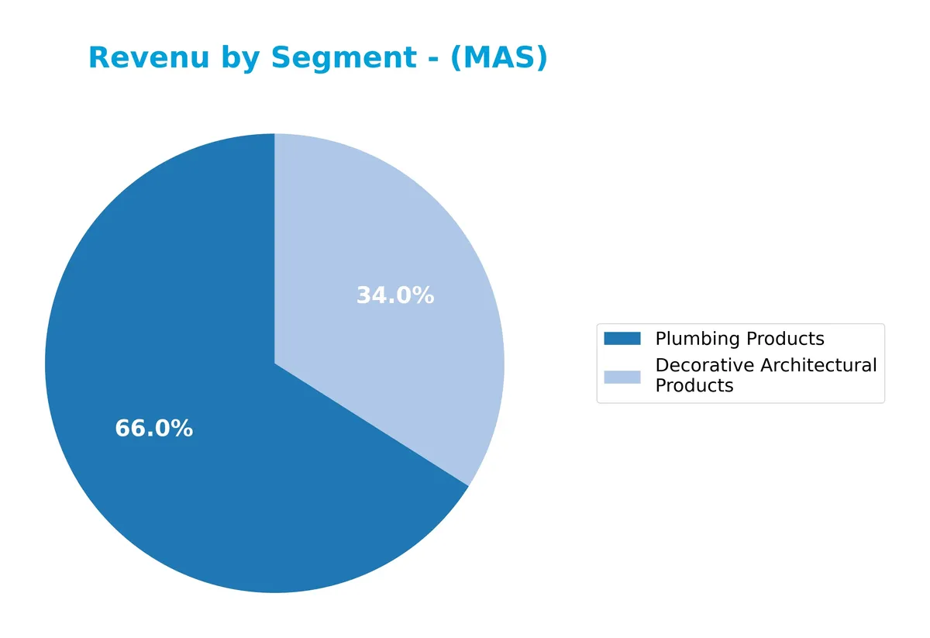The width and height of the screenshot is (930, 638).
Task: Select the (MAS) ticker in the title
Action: point(498,58)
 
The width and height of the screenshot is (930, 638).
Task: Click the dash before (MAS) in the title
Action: point(433,59)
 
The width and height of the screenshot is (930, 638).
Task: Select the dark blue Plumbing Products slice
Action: point(194,465)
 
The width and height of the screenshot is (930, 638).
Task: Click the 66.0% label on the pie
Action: point(153,429)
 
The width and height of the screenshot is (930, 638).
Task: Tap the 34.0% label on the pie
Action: point(394,295)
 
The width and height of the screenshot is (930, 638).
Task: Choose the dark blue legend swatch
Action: point(622,339)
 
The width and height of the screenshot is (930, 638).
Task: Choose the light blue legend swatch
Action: point(622,377)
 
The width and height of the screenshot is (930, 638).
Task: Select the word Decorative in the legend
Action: point(704,365)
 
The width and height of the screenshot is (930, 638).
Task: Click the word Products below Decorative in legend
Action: point(694,386)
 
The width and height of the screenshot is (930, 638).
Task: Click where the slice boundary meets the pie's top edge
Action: point(274,134)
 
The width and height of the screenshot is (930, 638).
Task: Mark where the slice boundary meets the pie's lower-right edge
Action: point(468,486)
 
